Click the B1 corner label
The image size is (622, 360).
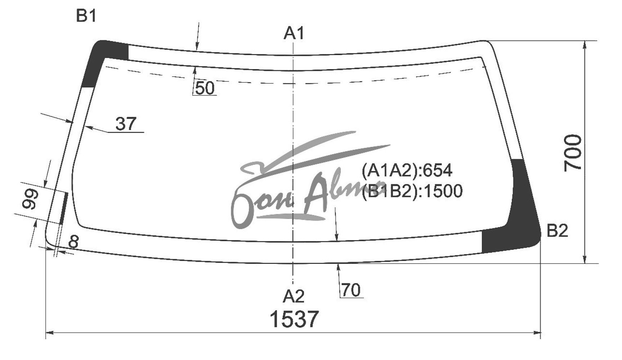coord(86,16)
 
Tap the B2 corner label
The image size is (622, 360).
coord(557,231)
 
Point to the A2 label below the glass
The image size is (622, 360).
coord(294,296)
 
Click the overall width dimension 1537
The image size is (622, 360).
coord(294,319)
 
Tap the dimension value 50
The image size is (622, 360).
coord(205,88)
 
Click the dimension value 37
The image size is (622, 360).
coord(126,124)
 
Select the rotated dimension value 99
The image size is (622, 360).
coord(30,198)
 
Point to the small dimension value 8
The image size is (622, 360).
coord(73,242)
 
